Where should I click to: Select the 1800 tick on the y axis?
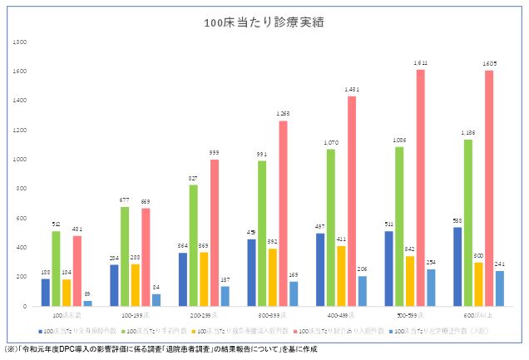(19, 42)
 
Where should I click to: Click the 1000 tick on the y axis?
(19, 159)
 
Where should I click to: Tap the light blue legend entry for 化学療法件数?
(438, 330)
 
